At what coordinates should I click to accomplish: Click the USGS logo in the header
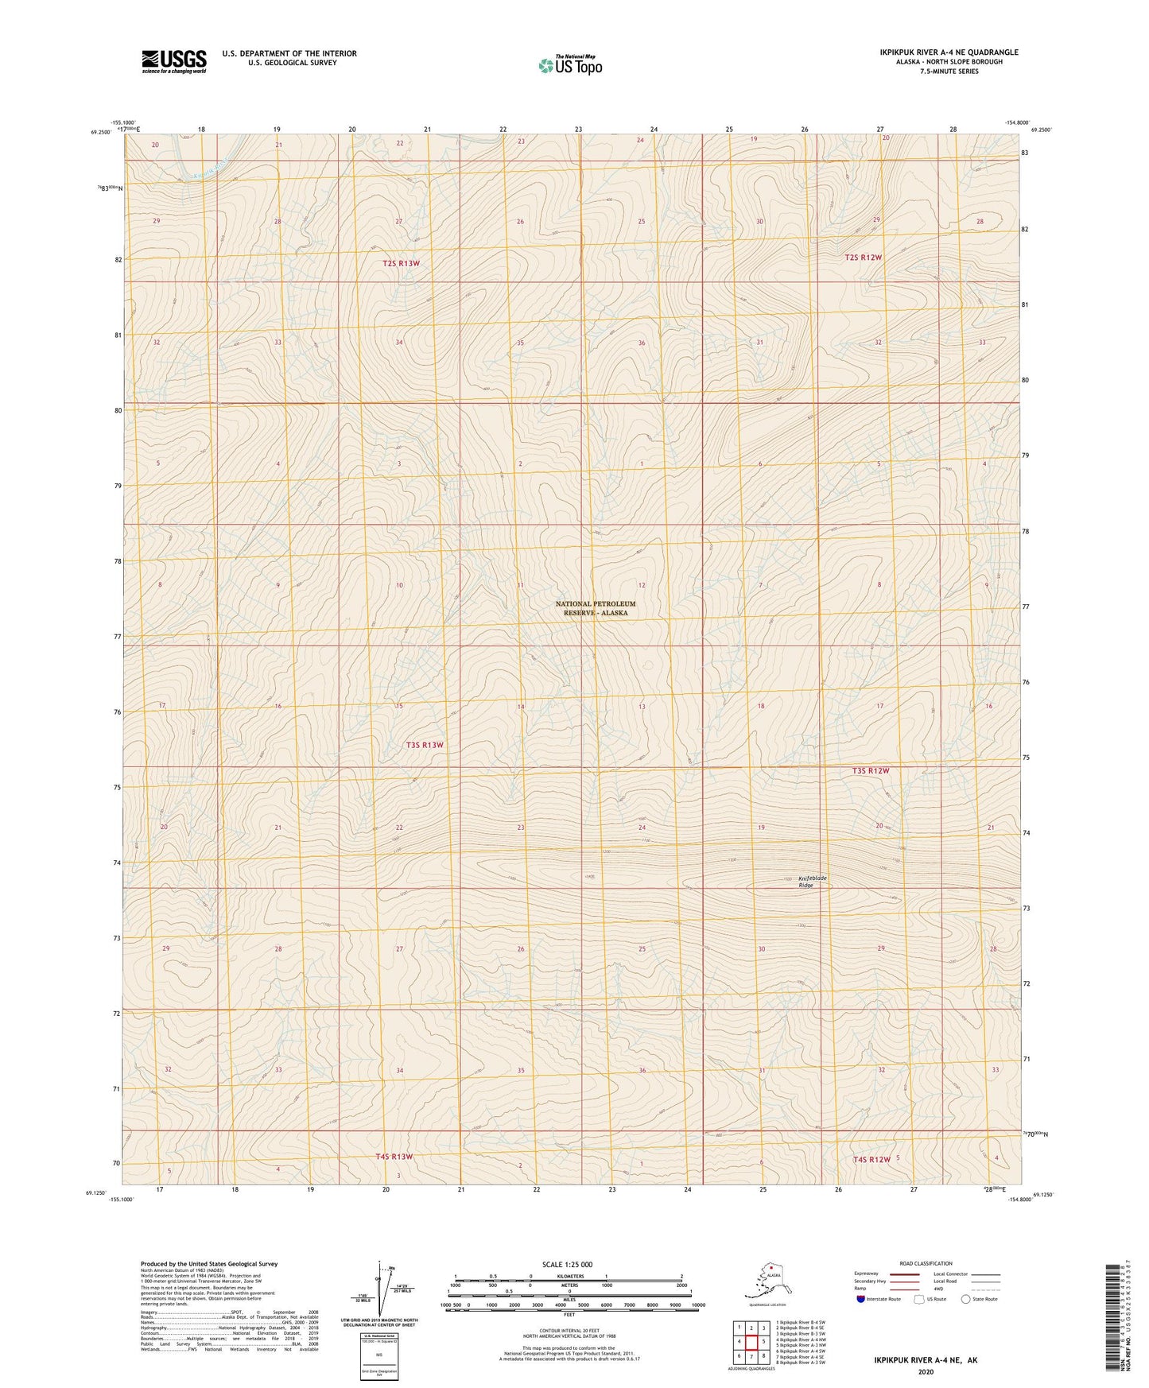point(174,61)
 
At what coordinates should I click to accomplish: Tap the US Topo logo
point(570,65)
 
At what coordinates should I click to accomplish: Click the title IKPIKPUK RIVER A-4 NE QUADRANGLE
point(949,52)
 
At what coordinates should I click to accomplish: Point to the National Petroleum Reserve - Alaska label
point(596,608)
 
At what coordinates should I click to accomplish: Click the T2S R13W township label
point(401,263)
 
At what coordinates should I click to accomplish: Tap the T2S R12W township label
point(863,258)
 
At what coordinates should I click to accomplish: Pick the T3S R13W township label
point(424,745)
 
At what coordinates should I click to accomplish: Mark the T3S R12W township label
point(870,771)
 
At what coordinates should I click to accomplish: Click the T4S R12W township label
point(871,1159)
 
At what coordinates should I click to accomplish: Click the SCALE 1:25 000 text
point(567,1264)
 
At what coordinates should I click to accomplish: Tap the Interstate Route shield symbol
point(860,1299)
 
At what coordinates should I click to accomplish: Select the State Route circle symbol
point(966,1299)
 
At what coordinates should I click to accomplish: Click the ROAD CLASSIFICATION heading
point(926,1263)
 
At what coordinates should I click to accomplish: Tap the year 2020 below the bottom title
point(926,1371)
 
